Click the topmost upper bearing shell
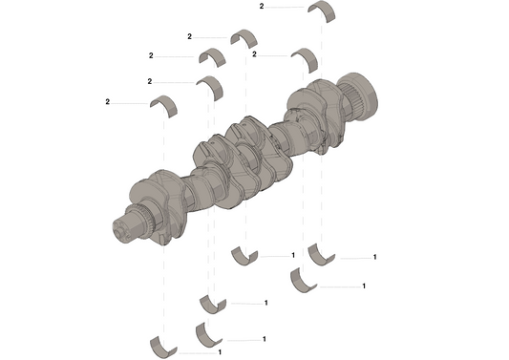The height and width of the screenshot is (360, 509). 322,10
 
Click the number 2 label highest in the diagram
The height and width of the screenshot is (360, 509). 262,6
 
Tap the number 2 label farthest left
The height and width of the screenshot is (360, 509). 107,101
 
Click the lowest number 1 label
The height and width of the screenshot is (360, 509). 221,352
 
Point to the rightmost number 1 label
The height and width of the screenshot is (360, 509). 375,257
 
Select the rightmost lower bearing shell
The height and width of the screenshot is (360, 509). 322,254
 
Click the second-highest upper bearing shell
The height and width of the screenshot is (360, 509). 244,39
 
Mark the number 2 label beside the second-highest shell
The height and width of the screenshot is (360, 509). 190,36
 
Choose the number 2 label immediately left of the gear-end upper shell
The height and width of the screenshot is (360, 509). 255,54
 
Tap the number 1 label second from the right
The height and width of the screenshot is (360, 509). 364,286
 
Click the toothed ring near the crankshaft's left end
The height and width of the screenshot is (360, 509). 144,216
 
